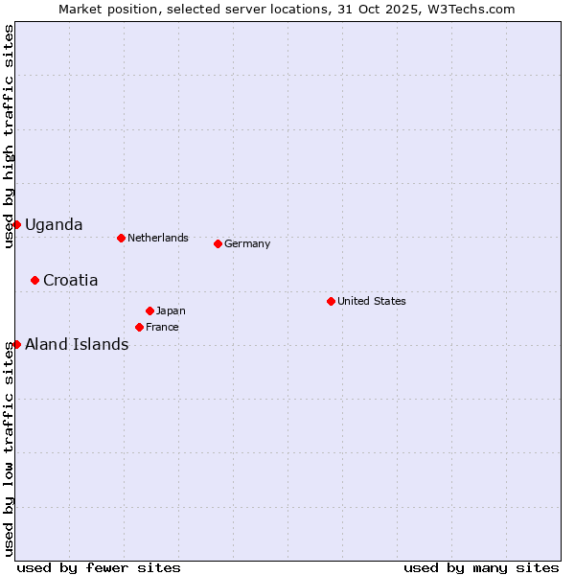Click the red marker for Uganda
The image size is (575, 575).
(x=16, y=224)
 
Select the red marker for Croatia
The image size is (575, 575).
(x=34, y=280)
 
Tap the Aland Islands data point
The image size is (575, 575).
(x=16, y=344)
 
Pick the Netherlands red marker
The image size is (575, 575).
(x=121, y=238)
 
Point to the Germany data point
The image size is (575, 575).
(x=218, y=243)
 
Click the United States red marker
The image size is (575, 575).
(x=331, y=301)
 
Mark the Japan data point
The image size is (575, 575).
(x=149, y=310)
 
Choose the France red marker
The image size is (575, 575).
(x=140, y=327)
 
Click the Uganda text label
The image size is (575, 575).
(x=54, y=224)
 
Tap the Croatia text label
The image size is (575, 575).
(x=70, y=280)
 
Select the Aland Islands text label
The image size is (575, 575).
(x=77, y=344)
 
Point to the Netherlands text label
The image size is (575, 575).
(x=158, y=238)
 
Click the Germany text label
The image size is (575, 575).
(x=247, y=243)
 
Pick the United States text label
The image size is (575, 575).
(x=372, y=301)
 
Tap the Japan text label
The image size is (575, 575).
(x=171, y=310)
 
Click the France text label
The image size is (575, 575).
(x=162, y=327)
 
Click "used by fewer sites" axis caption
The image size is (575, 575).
(x=99, y=567)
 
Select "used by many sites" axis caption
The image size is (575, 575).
(x=481, y=567)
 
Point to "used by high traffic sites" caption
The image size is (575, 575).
(x=9, y=137)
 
